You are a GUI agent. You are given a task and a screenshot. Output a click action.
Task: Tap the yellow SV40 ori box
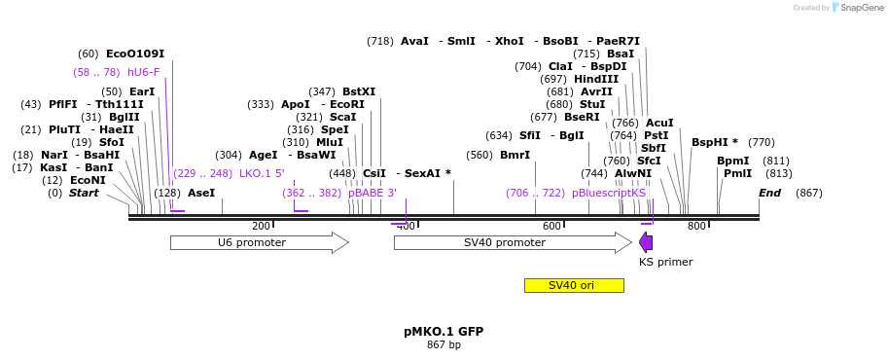[574, 285]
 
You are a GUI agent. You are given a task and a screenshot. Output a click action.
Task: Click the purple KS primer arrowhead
[646, 242]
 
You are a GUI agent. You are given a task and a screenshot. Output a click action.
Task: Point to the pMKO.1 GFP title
[444, 332]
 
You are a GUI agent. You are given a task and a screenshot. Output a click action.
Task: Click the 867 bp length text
[444, 345]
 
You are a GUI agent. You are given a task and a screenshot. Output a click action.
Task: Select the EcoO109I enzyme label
[135, 54]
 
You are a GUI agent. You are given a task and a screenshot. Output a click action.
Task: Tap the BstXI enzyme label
[359, 91]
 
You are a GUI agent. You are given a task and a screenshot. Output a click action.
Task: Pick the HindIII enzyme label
[596, 79]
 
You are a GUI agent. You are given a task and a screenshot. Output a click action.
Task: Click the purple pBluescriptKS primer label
[609, 193]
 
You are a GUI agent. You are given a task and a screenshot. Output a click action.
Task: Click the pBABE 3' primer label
[373, 193]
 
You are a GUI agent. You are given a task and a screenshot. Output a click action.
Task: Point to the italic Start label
[84, 193]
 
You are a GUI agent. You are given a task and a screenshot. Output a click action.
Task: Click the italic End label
[769, 193]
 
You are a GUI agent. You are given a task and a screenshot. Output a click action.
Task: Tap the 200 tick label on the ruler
[261, 227]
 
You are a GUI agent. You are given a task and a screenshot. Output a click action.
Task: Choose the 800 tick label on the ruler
[696, 227]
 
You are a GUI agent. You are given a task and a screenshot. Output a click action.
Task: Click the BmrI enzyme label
[515, 155]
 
